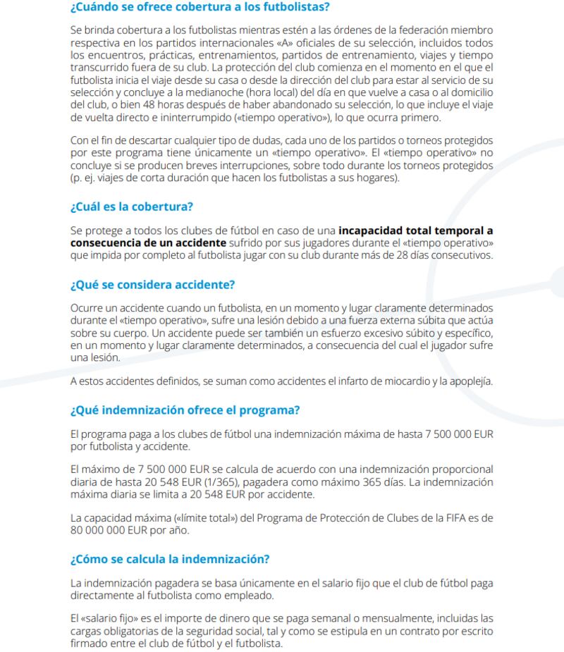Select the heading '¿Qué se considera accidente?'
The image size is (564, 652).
click(x=152, y=285)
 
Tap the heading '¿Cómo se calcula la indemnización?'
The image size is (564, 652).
click(x=170, y=560)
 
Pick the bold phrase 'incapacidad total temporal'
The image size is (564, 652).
click(x=415, y=230)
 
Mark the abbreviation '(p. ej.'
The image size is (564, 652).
click(x=85, y=177)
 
